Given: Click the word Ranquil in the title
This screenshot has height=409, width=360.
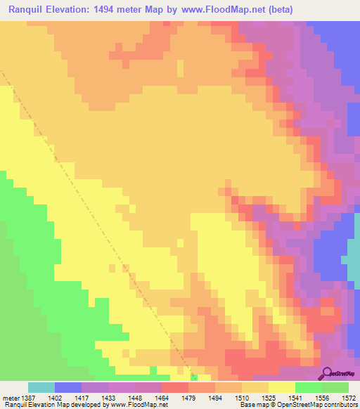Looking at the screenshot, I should pos(30,10).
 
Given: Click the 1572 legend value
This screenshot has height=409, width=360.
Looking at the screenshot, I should pos(347,398).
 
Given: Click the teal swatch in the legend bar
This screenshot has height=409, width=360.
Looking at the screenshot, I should pos(41,387).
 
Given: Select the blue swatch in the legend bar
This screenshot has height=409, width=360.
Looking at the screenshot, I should pos(68,387).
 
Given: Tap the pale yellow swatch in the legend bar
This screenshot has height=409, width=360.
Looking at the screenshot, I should pos(281,387).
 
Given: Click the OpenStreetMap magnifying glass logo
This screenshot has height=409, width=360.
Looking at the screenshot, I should pos(326,373).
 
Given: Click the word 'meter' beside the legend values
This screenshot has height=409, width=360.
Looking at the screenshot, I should pos(11,398).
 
